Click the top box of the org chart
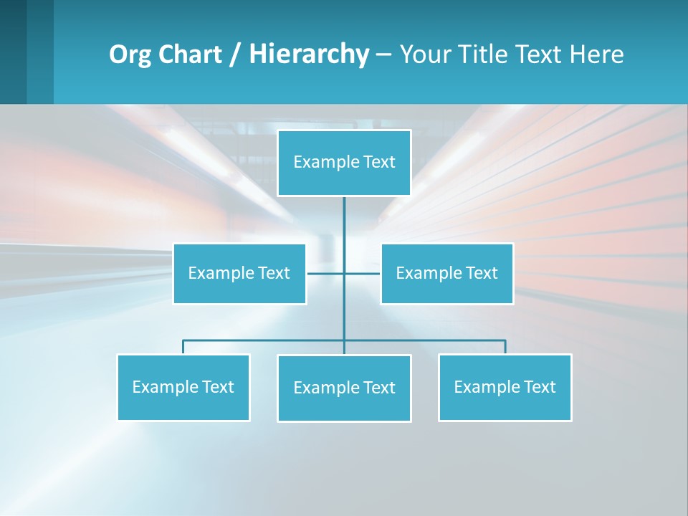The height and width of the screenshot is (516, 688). coord(344,163)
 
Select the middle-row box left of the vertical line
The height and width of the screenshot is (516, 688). coord(239,274)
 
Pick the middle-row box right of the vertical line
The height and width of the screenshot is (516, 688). coord(446,274)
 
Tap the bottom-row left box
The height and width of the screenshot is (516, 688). coord(183,387)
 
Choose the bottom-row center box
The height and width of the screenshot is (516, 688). coord(344,388)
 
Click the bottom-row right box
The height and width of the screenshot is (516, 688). coord(505,387)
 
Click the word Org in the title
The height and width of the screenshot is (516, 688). coord(128,54)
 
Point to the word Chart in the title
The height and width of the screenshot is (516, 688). coord(186,54)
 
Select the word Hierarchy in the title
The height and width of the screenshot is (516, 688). coord(308,54)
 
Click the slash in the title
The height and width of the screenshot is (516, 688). coord(235,54)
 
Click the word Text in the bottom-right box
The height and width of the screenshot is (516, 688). coord(540,387)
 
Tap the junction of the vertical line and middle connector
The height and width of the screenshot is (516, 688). coord(344,273)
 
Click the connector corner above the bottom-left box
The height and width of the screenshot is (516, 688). coord(183,340)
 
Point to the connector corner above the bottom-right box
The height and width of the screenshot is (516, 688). coord(505,340)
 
